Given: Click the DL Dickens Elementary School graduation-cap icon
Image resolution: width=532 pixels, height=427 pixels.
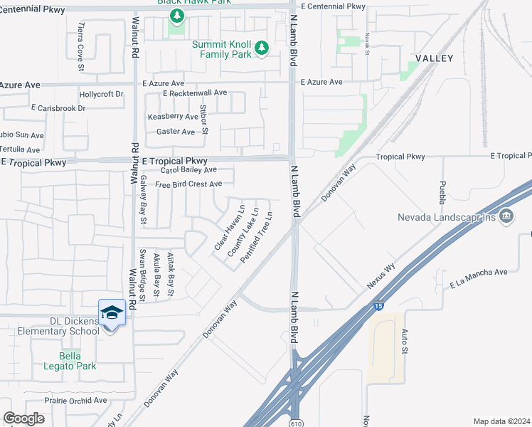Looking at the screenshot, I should (x=112, y=312).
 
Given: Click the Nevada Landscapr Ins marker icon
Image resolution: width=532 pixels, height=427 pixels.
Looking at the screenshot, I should (x=506, y=216).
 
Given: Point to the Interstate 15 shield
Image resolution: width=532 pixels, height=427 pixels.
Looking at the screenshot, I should (x=379, y=307).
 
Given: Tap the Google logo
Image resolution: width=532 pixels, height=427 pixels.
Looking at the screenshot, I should (x=23, y=418).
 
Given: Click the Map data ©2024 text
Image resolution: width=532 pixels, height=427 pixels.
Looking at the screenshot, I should (x=501, y=421).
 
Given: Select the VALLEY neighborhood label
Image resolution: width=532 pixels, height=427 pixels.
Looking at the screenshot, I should (x=434, y=58).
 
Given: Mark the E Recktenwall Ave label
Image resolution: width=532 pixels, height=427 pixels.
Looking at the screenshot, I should (x=194, y=93).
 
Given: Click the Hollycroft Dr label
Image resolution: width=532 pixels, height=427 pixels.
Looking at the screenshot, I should (x=102, y=94).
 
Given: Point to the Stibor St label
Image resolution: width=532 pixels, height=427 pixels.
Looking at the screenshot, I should (x=204, y=120).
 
